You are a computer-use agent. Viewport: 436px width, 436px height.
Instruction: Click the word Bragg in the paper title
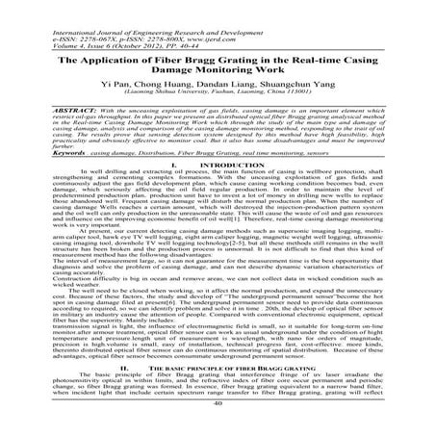pos(233,40)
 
